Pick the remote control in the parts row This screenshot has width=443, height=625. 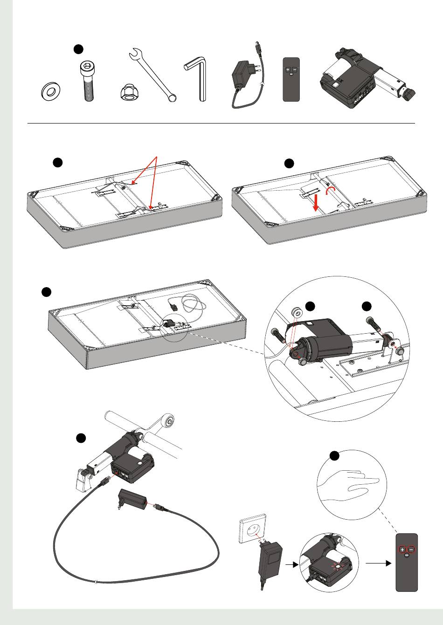(291, 79)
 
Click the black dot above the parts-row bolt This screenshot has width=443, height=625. (79, 49)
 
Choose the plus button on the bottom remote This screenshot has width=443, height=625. (402, 549)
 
